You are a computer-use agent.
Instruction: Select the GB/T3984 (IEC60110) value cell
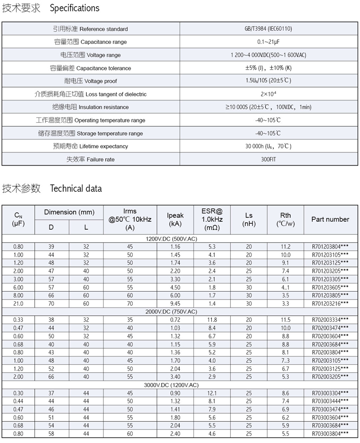(x=268, y=29)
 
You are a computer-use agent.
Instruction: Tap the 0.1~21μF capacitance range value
(x=268, y=42)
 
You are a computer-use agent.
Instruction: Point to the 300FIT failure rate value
(x=268, y=159)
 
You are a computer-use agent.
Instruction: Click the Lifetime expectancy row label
(x=90, y=146)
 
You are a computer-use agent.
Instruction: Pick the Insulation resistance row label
(x=90, y=107)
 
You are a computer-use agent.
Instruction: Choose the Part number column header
(x=330, y=219)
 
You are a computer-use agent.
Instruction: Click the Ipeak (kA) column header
(x=175, y=219)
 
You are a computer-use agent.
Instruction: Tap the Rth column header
(x=285, y=219)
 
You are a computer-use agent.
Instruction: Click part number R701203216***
(x=330, y=303)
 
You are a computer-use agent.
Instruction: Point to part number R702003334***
(x=330, y=320)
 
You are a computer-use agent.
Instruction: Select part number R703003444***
(x=330, y=401)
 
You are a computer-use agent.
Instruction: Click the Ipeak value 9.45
(x=175, y=303)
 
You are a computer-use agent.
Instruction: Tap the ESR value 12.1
(x=212, y=393)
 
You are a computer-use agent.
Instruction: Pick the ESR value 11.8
(x=212, y=320)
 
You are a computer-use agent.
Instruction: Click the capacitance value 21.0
(x=18, y=303)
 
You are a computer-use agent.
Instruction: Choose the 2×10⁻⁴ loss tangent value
(x=268, y=94)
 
